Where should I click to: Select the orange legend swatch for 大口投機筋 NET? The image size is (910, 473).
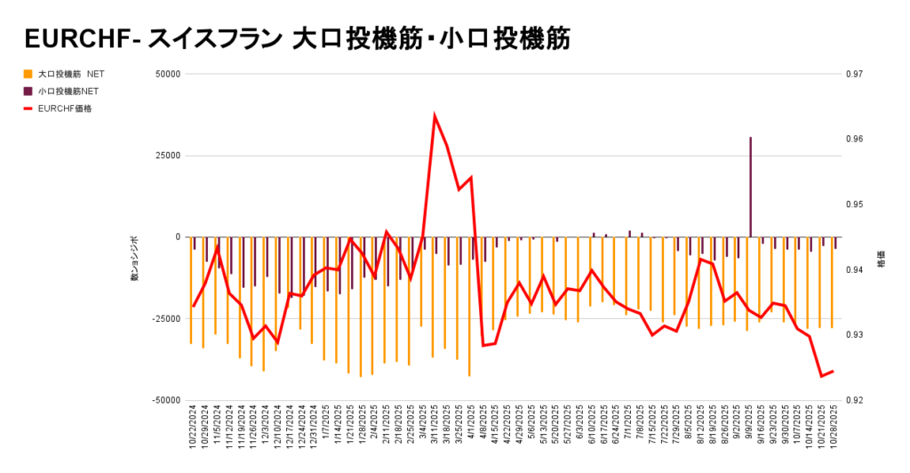[x=28, y=74]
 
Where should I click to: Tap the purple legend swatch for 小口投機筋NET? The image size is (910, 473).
[x=28, y=91]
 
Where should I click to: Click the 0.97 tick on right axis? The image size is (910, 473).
[x=853, y=74]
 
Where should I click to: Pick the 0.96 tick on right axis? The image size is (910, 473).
[x=853, y=140]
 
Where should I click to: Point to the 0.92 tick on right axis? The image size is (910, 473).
[x=853, y=400]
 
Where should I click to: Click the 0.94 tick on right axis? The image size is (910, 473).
[x=853, y=269]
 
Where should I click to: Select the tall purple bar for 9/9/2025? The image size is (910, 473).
[x=750, y=187]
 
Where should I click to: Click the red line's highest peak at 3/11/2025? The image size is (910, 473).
[x=435, y=116]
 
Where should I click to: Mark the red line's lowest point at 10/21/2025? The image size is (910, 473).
[x=821, y=376]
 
